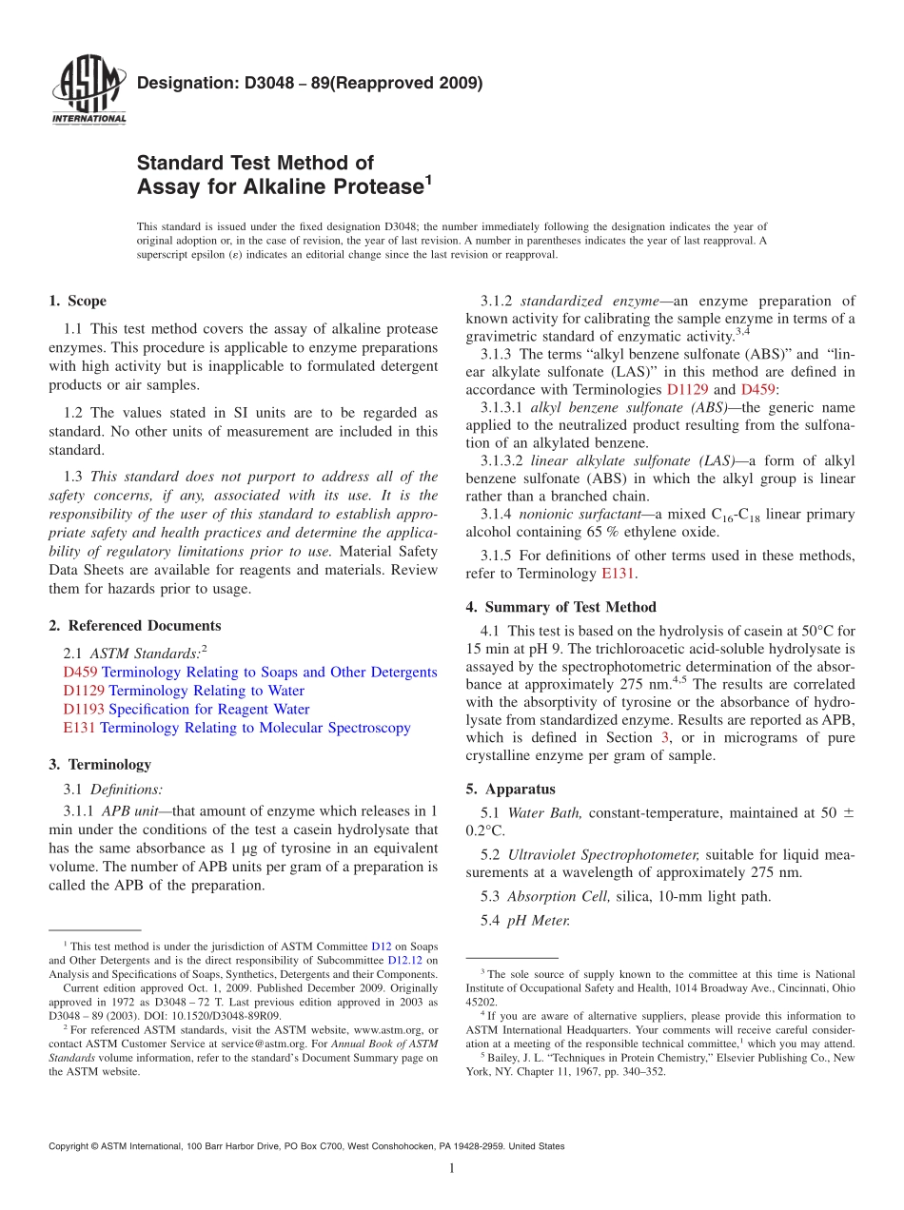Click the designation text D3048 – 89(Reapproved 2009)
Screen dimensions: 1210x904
[x=309, y=83]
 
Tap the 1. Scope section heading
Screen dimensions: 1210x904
[x=77, y=302]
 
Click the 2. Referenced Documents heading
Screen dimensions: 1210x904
[x=134, y=626]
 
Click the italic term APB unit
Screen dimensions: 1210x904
[x=130, y=811]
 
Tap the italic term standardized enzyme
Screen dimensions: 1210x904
[x=581, y=302]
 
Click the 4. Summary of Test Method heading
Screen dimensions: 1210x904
[x=560, y=607]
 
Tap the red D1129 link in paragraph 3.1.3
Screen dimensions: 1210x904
[x=687, y=389]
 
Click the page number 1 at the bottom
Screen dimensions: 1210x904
[x=452, y=1169]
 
